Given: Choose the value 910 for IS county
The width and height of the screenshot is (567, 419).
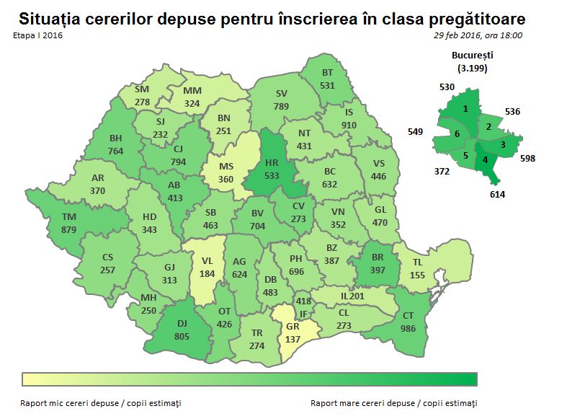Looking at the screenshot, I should pyautogui.click(x=349, y=125).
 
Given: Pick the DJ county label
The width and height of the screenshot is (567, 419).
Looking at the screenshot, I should pyautogui.click(x=182, y=322).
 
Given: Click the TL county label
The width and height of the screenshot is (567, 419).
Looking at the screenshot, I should pyautogui.click(x=419, y=263).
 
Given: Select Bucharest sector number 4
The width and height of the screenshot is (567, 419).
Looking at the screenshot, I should pyautogui.click(x=485, y=160).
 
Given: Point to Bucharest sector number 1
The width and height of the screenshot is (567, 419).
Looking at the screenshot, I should pyautogui.click(x=466, y=108).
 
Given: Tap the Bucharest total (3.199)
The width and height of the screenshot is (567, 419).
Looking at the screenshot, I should pyautogui.click(x=472, y=68).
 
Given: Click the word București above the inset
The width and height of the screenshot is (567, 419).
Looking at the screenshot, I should pyautogui.click(x=472, y=54).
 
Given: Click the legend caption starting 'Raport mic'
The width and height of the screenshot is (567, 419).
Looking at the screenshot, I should pyautogui.click(x=101, y=402).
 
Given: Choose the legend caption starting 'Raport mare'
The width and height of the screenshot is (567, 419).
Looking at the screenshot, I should pyautogui.click(x=393, y=402).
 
